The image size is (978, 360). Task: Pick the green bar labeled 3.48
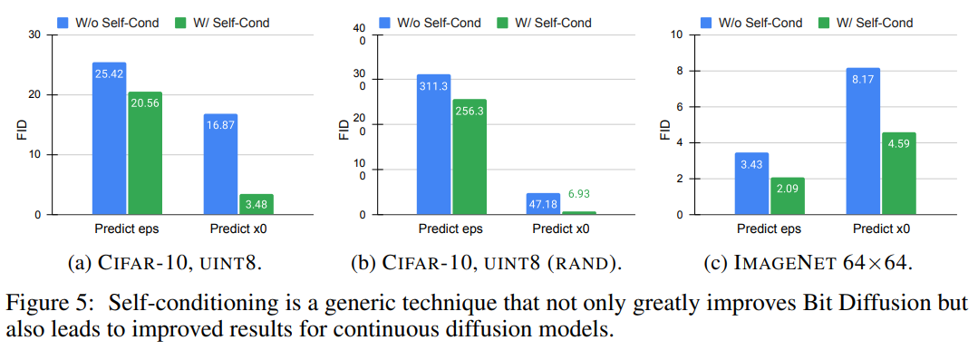[x=256, y=205]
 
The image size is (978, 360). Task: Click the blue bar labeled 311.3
[x=433, y=145]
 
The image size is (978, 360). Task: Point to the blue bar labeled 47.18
[x=544, y=204]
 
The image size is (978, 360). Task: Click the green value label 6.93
[x=579, y=195]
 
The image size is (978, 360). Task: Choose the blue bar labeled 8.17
[x=862, y=141]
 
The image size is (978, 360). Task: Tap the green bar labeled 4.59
[x=897, y=174]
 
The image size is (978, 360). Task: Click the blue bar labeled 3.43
[x=750, y=184]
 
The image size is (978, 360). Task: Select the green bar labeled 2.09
[x=786, y=196]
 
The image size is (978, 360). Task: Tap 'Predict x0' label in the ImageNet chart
[x=879, y=229]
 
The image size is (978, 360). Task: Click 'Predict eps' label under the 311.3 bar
[x=451, y=229]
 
